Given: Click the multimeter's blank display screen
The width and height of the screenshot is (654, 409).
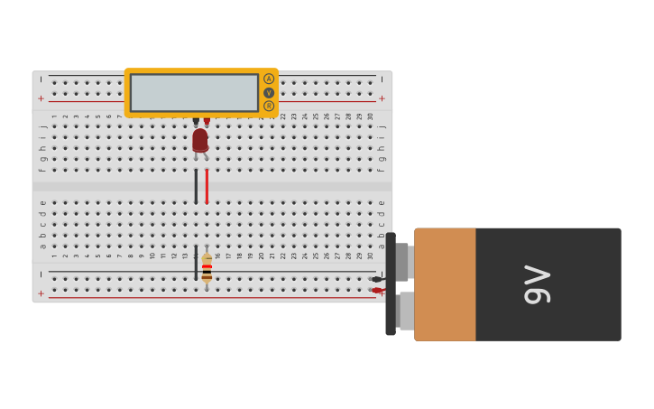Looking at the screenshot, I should pyautogui.click(x=194, y=93).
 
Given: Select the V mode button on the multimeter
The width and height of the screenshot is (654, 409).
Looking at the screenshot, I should pyautogui.click(x=269, y=93).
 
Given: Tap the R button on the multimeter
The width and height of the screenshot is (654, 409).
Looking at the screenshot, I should pyautogui.click(x=269, y=107).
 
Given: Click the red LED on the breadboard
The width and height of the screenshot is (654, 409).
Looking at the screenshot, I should pyautogui.click(x=200, y=140).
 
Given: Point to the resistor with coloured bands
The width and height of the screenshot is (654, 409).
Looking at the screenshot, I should pyautogui.click(x=207, y=268).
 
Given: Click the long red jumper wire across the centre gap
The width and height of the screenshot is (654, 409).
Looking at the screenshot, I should pyautogui.click(x=207, y=186).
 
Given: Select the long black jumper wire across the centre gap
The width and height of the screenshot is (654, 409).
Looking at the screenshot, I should pyautogui.click(x=196, y=186).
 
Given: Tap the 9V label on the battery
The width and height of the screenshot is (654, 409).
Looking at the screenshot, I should pyautogui.click(x=538, y=284).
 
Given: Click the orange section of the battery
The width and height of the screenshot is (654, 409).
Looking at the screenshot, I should pyautogui.click(x=445, y=284).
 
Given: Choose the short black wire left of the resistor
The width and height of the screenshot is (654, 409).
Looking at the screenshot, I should pyautogui.click(x=196, y=262).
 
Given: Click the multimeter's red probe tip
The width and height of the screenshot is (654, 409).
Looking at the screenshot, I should pyautogui.click(x=207, y=121).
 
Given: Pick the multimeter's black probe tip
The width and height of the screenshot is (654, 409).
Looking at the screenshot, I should pyautogui.click(x=196, y=121).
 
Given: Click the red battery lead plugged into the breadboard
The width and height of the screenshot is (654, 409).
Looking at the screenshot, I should pyautogui.click(x=377, y=291).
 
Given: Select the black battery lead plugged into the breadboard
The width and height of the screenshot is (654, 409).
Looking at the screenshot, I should pyautogui.click(x=377, y=279).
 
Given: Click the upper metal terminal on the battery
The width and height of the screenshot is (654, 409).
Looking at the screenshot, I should pyautogui.click(x=402, y=262).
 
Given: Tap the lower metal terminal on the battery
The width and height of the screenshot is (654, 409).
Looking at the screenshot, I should pyautogui.click(x=406, y=311).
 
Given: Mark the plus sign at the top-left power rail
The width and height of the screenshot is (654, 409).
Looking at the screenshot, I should pyautogui.click(x=41, y=98).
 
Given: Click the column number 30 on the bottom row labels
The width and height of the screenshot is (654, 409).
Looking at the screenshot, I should pyautogui.click(x=370, y=256).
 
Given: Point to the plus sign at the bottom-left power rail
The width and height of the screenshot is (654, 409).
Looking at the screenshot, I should pyautogui.click(x=41, y=293).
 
